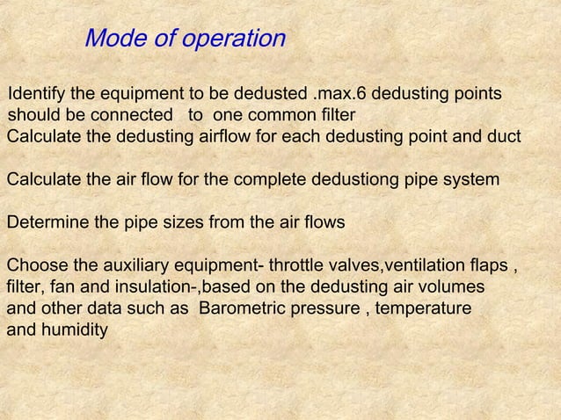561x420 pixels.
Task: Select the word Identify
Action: tap(35, 95)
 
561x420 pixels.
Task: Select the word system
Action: tap(472, 180)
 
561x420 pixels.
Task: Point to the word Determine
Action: tap(47, 222)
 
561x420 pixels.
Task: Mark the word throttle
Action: tap(295, 265)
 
